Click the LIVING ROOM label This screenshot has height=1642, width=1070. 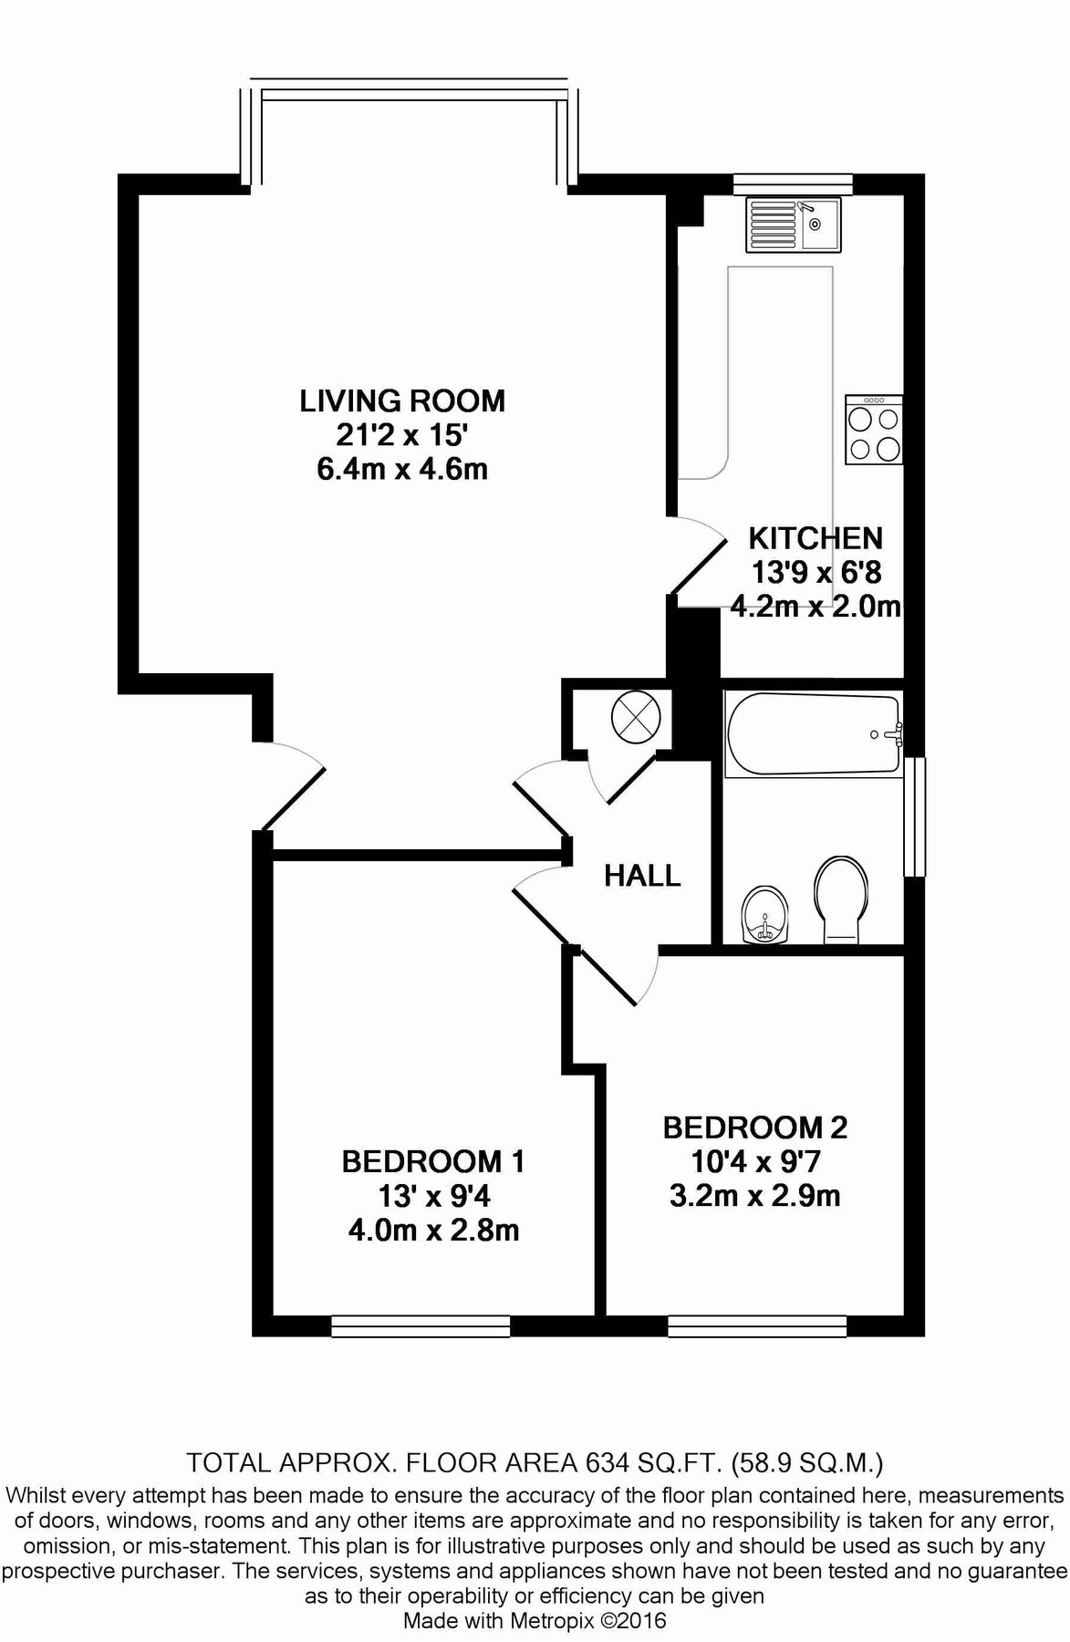click(x=402, y=400)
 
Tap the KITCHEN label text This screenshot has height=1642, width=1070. click(x=815, y=537)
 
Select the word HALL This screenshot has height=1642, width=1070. click(x=642, y=876)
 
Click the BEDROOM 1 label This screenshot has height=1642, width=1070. click(x=433, y=1161)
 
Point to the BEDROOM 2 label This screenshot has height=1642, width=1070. click(x=755, y=1128)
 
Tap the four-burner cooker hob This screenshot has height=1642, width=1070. click(x=874, y=431)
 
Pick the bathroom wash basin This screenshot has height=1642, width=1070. click(x=765, y=915)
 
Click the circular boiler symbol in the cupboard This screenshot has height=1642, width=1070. click(x=636, y=714)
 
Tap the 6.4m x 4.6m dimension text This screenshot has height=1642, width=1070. click(x=402, y=469)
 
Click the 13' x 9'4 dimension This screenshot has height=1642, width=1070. click(x=433, y=1196)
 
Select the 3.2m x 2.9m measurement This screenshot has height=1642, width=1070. click(x=755, y=1195)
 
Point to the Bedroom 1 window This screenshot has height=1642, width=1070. click(x=421, y=1325)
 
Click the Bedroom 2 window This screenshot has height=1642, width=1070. click(x=757, y=1325)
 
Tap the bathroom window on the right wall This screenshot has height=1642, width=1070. click(x=916, y=816)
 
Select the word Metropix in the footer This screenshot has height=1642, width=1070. click(x=559, y=1620)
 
